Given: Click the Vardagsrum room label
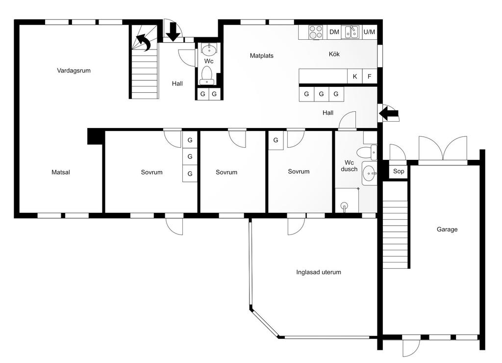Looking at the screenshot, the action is click(74, 71).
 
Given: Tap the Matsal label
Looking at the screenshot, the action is click(60, 172).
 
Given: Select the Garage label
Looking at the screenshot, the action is click(447, 229).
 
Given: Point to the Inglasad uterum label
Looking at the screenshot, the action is click(319, 272).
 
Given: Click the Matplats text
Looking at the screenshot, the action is click(262, 56).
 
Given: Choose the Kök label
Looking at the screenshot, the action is click(334, 54).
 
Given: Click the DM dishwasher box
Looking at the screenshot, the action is click(334, 32).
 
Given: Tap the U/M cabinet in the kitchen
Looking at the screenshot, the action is click(369, 32).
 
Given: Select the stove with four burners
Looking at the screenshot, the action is click(316, 32).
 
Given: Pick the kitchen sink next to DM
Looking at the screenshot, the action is click(351, 32).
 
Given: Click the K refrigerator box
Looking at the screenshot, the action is click(355, 76).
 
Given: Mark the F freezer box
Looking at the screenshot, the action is click(370, 76).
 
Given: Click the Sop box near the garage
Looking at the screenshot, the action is click(398, 171).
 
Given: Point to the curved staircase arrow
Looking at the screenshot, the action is click(145, 43).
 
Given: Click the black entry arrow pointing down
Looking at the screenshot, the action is click(173, 31).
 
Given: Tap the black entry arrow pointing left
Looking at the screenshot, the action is click(388, 113).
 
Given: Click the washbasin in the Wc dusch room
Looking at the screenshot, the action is click(370, 173).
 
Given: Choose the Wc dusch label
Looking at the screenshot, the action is click(349, 166).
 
